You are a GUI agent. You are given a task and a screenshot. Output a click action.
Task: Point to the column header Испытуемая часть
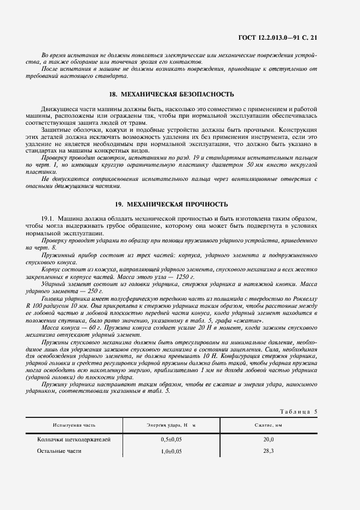[75, 425]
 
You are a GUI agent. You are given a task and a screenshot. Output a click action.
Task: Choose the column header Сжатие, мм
[268, 425]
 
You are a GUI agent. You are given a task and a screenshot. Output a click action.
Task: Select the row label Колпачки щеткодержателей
[74, 439]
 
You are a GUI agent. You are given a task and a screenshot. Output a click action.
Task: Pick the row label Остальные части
[59, 451]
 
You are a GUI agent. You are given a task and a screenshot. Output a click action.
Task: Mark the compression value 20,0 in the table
[268, 439]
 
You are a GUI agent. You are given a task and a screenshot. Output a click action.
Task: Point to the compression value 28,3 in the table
[268, 451]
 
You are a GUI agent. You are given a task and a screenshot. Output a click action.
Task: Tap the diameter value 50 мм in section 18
[255, 165]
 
